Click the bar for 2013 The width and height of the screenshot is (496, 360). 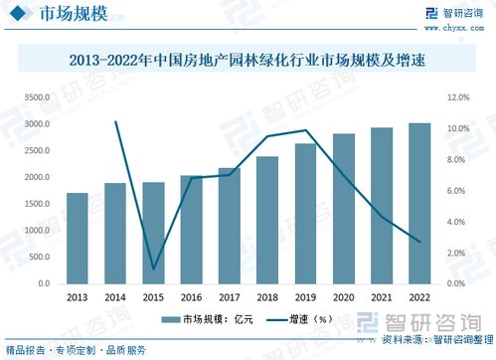point(78,239)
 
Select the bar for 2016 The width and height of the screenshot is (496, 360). point(191,230)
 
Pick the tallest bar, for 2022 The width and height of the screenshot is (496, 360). point(419,204)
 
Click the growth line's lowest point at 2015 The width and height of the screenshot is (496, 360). point(153,269)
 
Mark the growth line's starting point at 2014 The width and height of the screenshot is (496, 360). point(115,121)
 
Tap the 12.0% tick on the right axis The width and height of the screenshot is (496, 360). point(458,97)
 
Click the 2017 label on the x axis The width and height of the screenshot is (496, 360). point(229,297)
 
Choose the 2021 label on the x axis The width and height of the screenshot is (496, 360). point(382,297)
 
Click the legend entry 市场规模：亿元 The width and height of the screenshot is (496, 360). point(204,320)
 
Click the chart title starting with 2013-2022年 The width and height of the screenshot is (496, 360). point(248,60)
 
